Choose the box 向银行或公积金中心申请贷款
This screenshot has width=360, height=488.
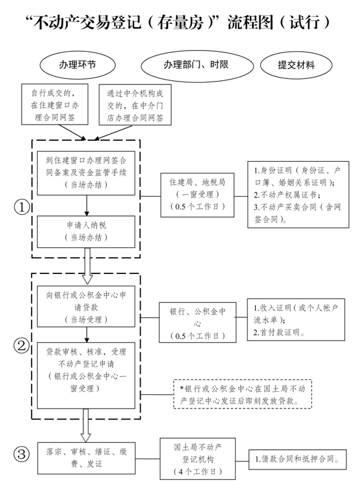click(86, 305)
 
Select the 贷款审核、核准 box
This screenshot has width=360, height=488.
click(86, 370)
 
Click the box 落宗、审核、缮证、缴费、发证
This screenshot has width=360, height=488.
click(86, 458)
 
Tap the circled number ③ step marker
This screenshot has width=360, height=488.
click(21, 455)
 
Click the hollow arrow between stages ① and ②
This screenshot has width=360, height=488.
click(87, 261)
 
